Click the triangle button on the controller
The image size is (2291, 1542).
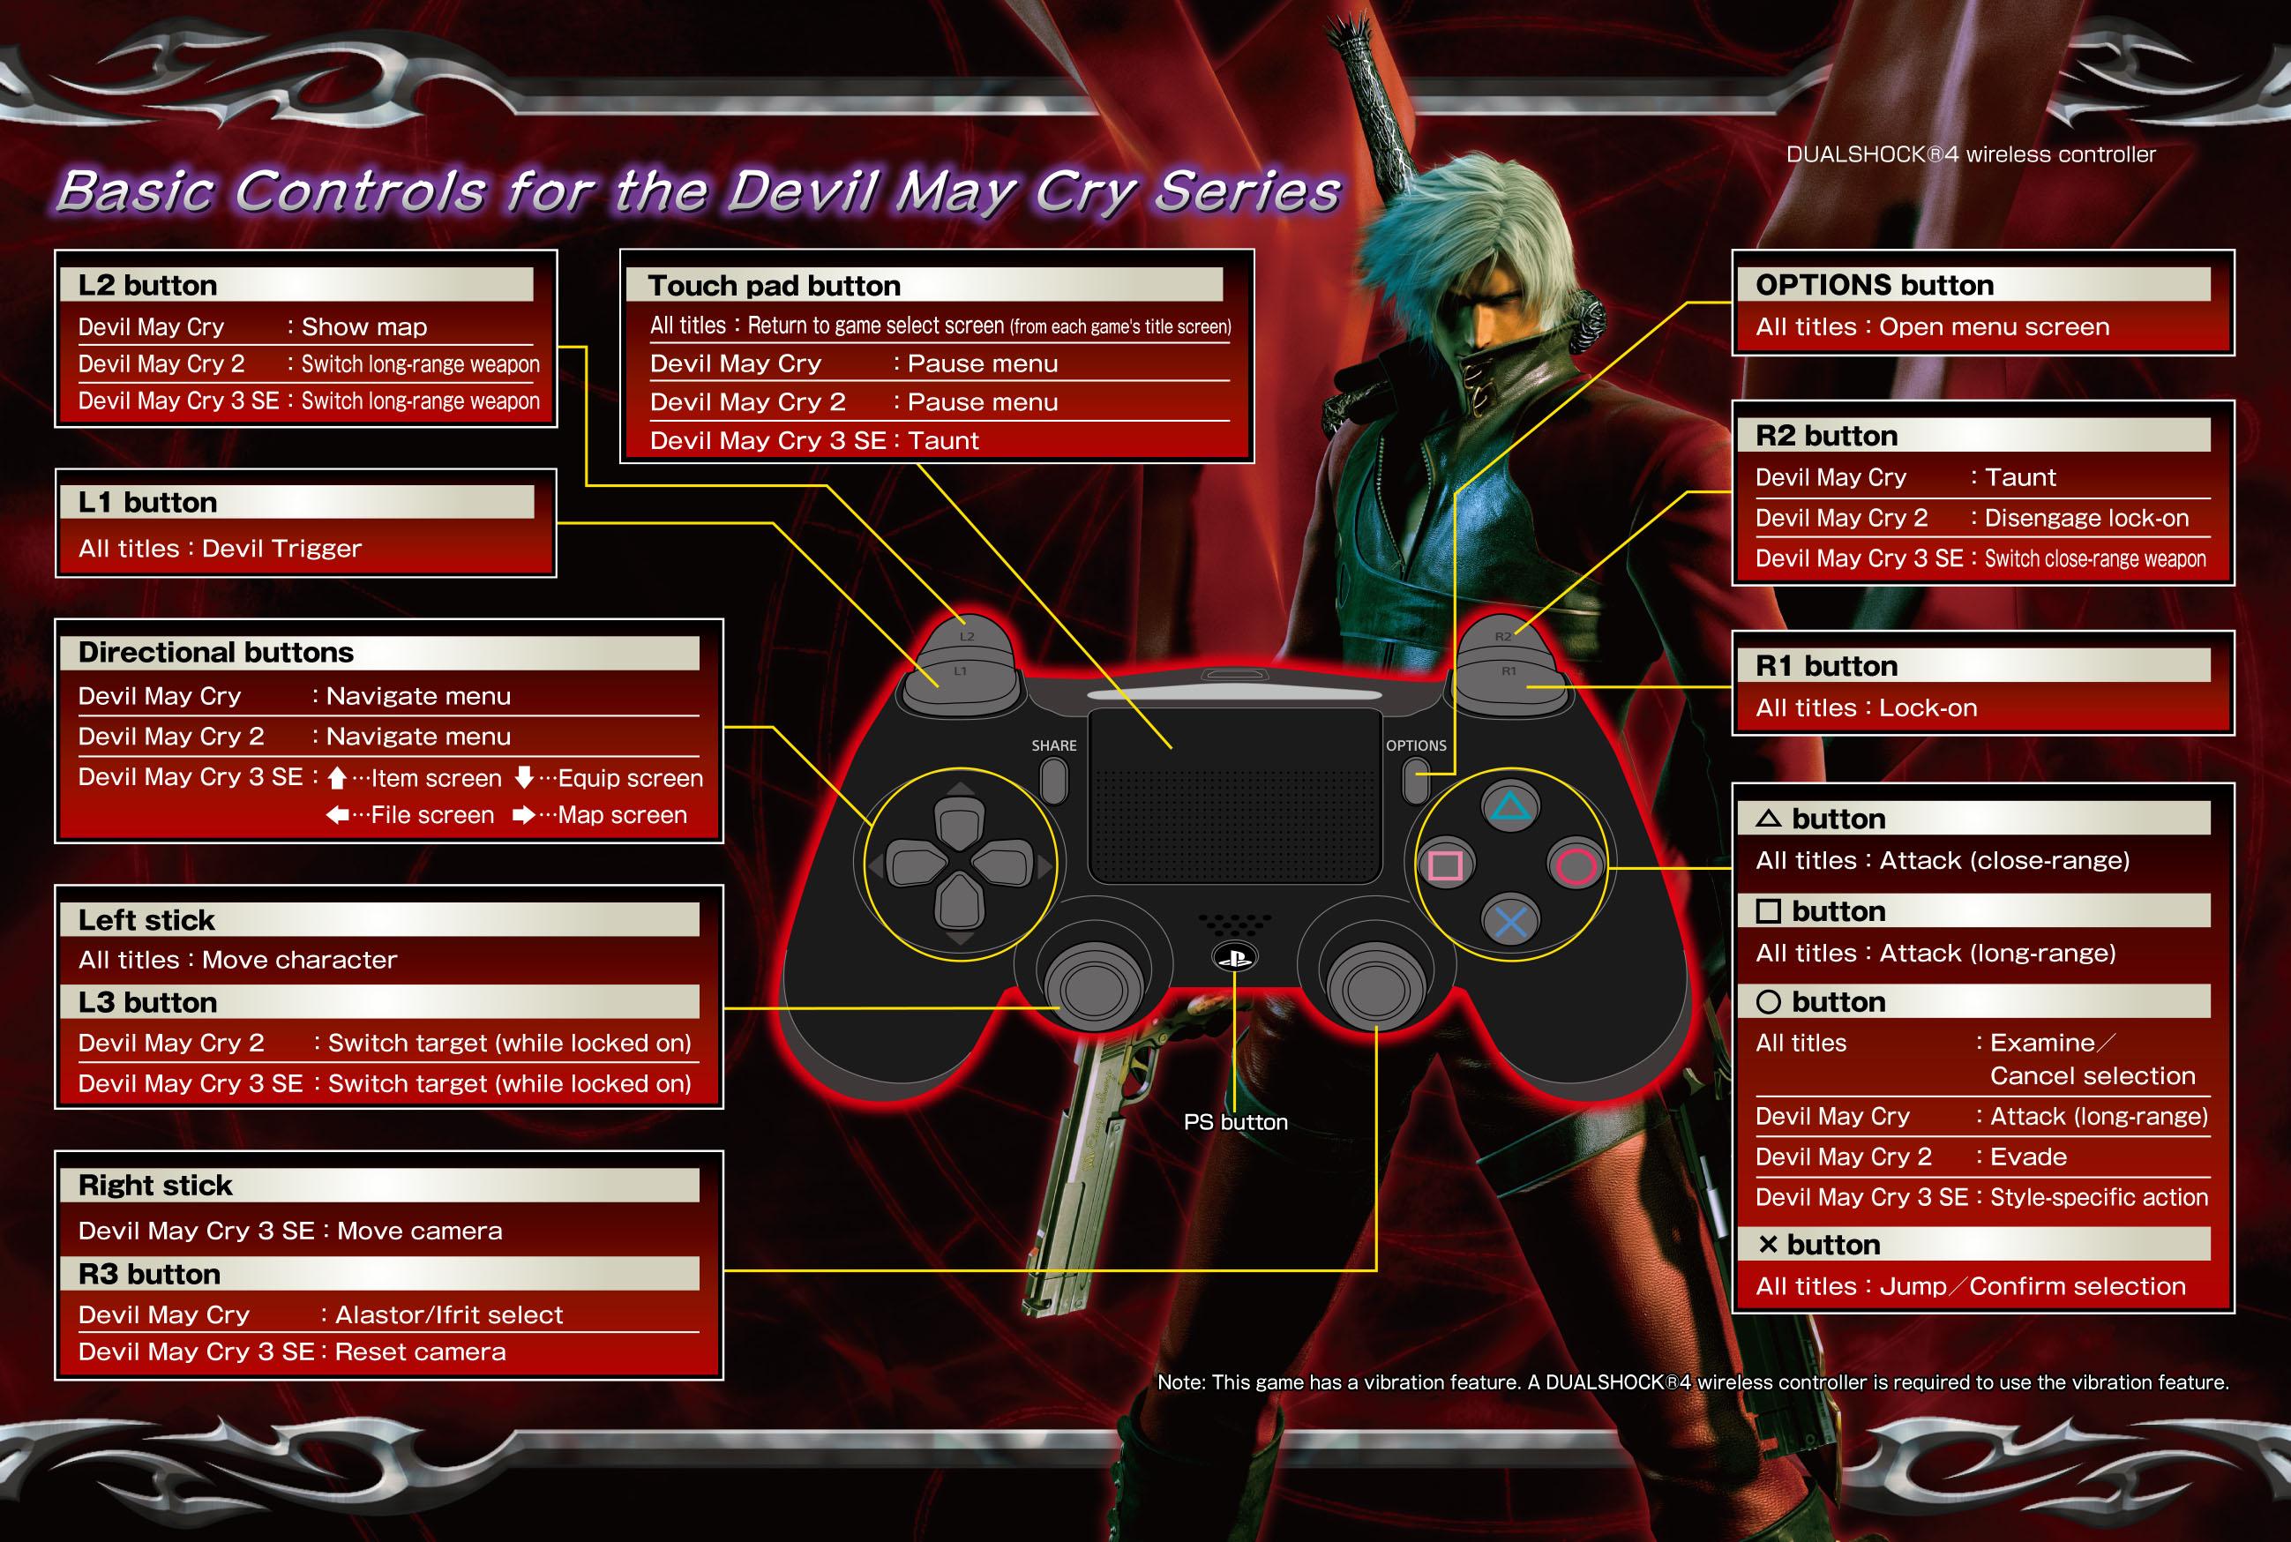pyautogui.click(x=1510, y=806)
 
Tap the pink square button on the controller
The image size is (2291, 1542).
pyautogui.click(x=1445, y=865)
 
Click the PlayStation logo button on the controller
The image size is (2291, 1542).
pyautogui.click(x=1235, y=957)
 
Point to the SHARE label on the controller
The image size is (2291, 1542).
pyautogui.click(x=1054, y=745)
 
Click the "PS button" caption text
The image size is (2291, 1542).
pyautogui.click(x=1236, y=1122)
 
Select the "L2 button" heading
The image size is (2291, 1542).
pyautogui.click(x=147, y=285)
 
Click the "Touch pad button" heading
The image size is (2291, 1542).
pyautogui.click(x=774, y=285)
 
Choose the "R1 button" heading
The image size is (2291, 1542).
pyautogui.click(x=1826, y=666)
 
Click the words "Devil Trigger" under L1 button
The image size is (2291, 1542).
pyautogui.click(x=281, y=548)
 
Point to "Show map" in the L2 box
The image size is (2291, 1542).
pyautogui.click(x=363, y=326)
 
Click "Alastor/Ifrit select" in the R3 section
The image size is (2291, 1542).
pyautogui.click(x=448, y=1314)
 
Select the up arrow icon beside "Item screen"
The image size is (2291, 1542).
pyautogui.click(x=336, y=778)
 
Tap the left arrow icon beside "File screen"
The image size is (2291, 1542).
pyautogui.click(x=337, y=814)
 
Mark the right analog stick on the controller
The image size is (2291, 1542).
pyautogui.click(x=1375, y=985)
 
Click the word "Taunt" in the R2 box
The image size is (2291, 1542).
pyautogui.click(x=2019, y=477)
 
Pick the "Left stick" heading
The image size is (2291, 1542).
pyautogui.click(x=146, y=920)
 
